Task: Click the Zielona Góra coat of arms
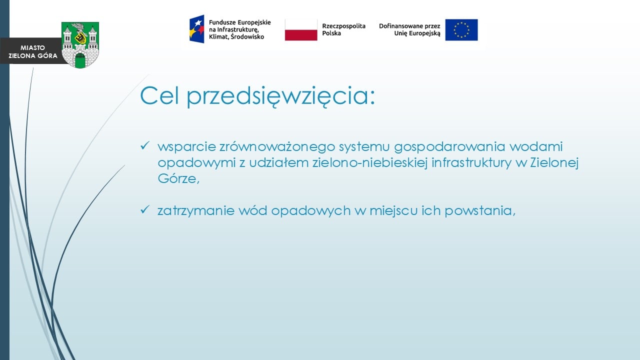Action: [80, 45]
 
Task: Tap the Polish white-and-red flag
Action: [301, 30]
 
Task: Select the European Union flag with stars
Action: [461, 30]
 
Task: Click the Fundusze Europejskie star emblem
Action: [197, 29]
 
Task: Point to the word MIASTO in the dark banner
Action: [32, 47]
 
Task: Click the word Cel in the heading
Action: [159, 95]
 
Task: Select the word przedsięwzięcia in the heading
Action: [281, 96]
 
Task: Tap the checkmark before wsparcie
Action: [145, 145]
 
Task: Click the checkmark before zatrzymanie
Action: [145, 209]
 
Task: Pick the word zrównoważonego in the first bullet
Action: [277, 147]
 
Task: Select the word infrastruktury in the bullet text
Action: [471, 163]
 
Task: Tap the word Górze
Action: [178, 178]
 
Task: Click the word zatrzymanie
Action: [195, 211]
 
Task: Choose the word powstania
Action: [480, 211]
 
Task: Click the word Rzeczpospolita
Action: [343, 26]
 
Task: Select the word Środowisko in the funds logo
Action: [247, 36]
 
